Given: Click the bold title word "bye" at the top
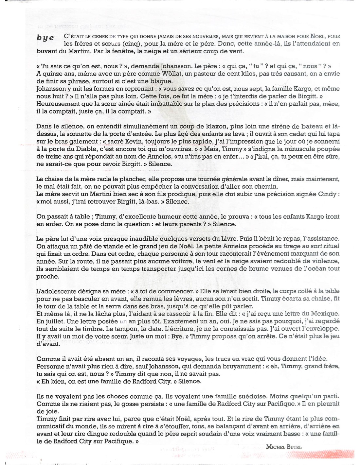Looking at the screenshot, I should (46, 38).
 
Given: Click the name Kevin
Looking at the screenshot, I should (128, 141).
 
